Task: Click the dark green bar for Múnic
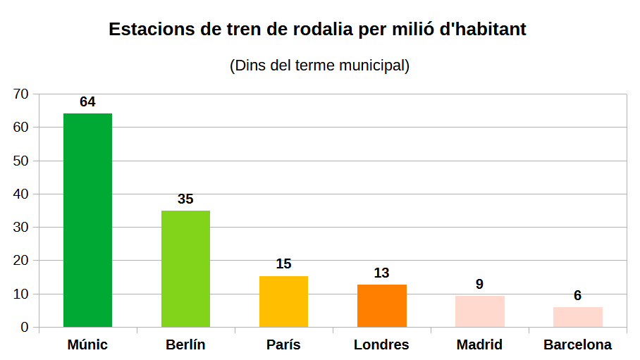[87, 220]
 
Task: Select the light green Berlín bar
[185, 268]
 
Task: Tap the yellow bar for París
[283, 302]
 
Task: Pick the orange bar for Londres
[381, 306]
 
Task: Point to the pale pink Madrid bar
[479, 311]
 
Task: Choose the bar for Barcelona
[577, 317]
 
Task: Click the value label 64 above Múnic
[87, 102]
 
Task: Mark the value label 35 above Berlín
[185, 199]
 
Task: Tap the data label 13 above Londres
[381, 273]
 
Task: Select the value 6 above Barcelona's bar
[577, 296]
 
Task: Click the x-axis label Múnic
[87, 345]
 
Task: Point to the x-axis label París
[283, 345]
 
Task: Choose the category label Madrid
[479, 345]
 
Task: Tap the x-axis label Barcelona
[577, 345]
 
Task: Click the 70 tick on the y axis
[20, 94]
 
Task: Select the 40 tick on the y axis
[20, 194]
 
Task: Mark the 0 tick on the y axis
[25, 328]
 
